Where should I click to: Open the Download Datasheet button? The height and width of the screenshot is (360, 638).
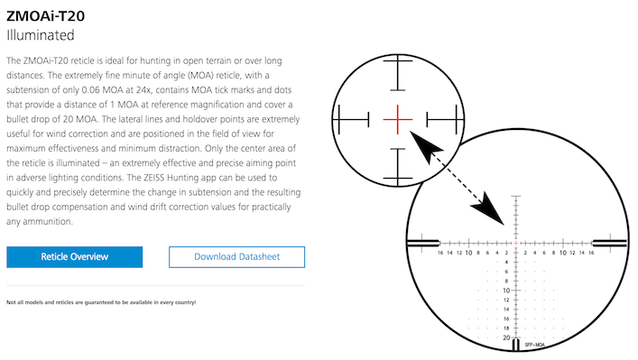tap(236, 256)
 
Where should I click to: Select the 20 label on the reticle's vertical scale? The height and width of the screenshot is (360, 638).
tap(507, 337)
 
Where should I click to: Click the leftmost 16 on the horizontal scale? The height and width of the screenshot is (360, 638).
tap(439, 254)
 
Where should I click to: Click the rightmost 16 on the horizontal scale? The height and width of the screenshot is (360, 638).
tap(592, 254)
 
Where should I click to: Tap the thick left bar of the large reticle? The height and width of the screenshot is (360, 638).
tap(423, 242)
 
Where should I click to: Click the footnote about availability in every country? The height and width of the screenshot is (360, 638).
tap(101, 301)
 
